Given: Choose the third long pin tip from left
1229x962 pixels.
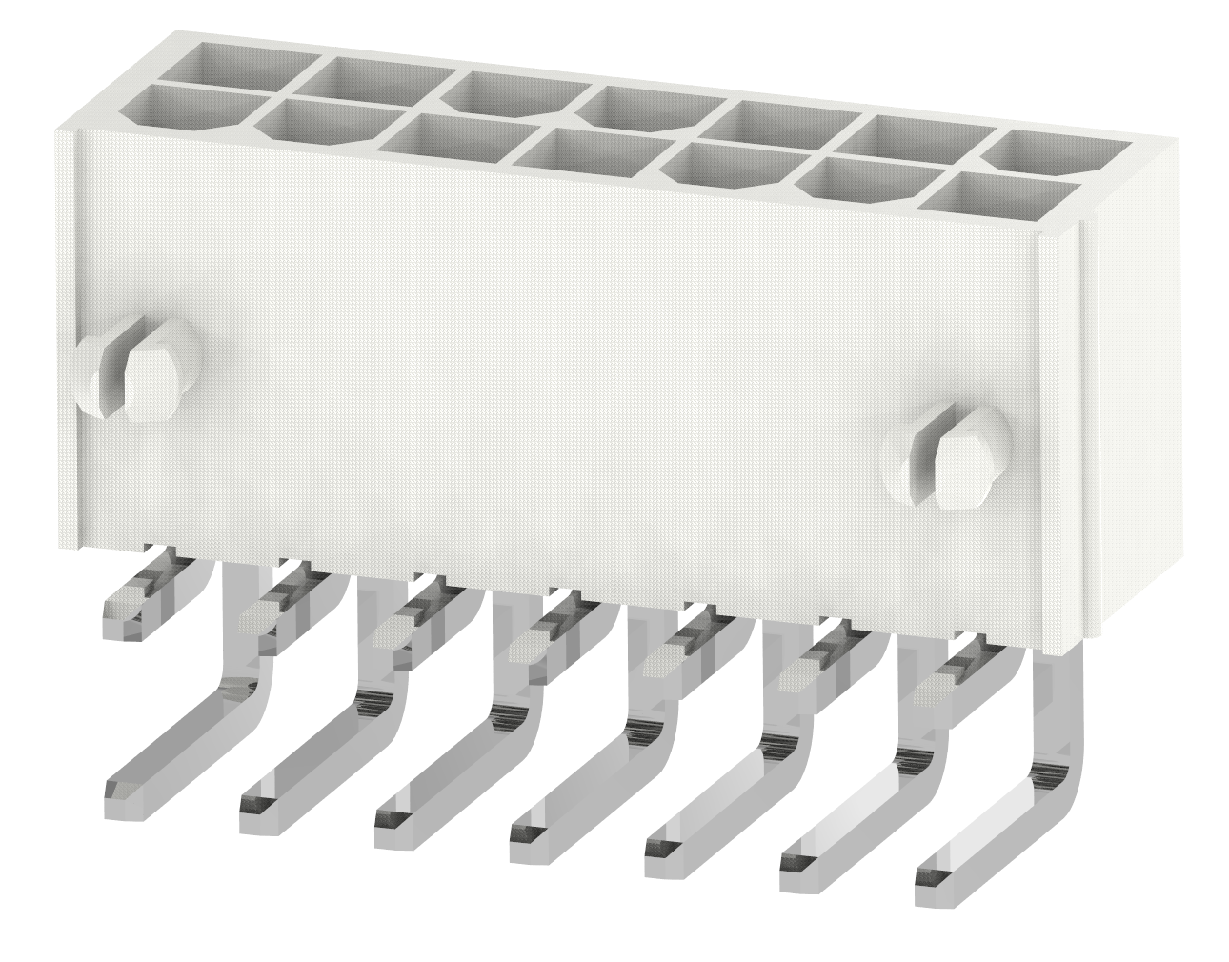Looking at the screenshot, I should tap(398, 823).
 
